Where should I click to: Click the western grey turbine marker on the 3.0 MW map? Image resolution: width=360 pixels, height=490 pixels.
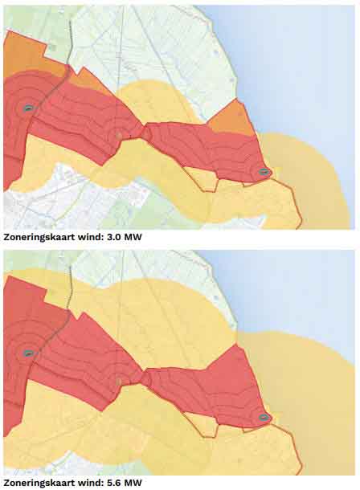click(x=28, y=108)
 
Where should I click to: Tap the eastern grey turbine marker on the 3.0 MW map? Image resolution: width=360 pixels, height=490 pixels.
click(x=264, y=172)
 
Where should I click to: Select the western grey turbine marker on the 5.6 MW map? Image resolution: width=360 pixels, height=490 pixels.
click(x=28, y=353)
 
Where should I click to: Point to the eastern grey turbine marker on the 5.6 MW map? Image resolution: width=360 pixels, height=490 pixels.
click(x=264, y=417)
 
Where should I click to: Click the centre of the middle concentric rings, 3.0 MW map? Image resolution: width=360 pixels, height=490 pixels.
click(x=119, y=135)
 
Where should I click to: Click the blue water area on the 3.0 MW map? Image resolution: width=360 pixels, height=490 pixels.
click(x=305, y=64)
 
